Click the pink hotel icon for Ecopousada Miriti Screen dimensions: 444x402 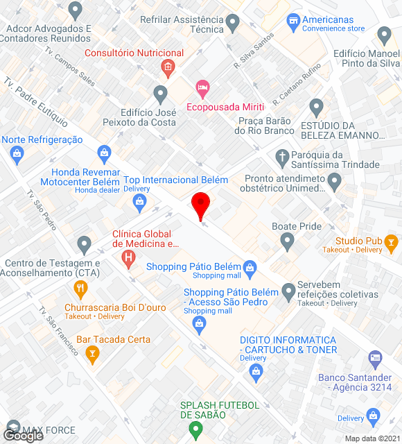point(202,87)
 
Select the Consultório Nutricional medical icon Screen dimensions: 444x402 point(167,68)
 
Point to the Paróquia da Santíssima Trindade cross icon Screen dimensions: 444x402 point(282,157)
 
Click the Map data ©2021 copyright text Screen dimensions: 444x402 point(372,438)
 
